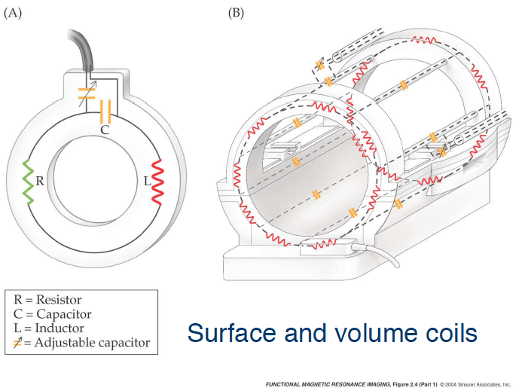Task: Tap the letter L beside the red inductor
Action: pyautogui.click(x=148, y=182)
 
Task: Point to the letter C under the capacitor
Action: pyautogui.click(x=105, y=130)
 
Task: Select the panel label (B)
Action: pyautogui.click(x=237, y=13)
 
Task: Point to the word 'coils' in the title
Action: pyautogui.click(x=448, y=333)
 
